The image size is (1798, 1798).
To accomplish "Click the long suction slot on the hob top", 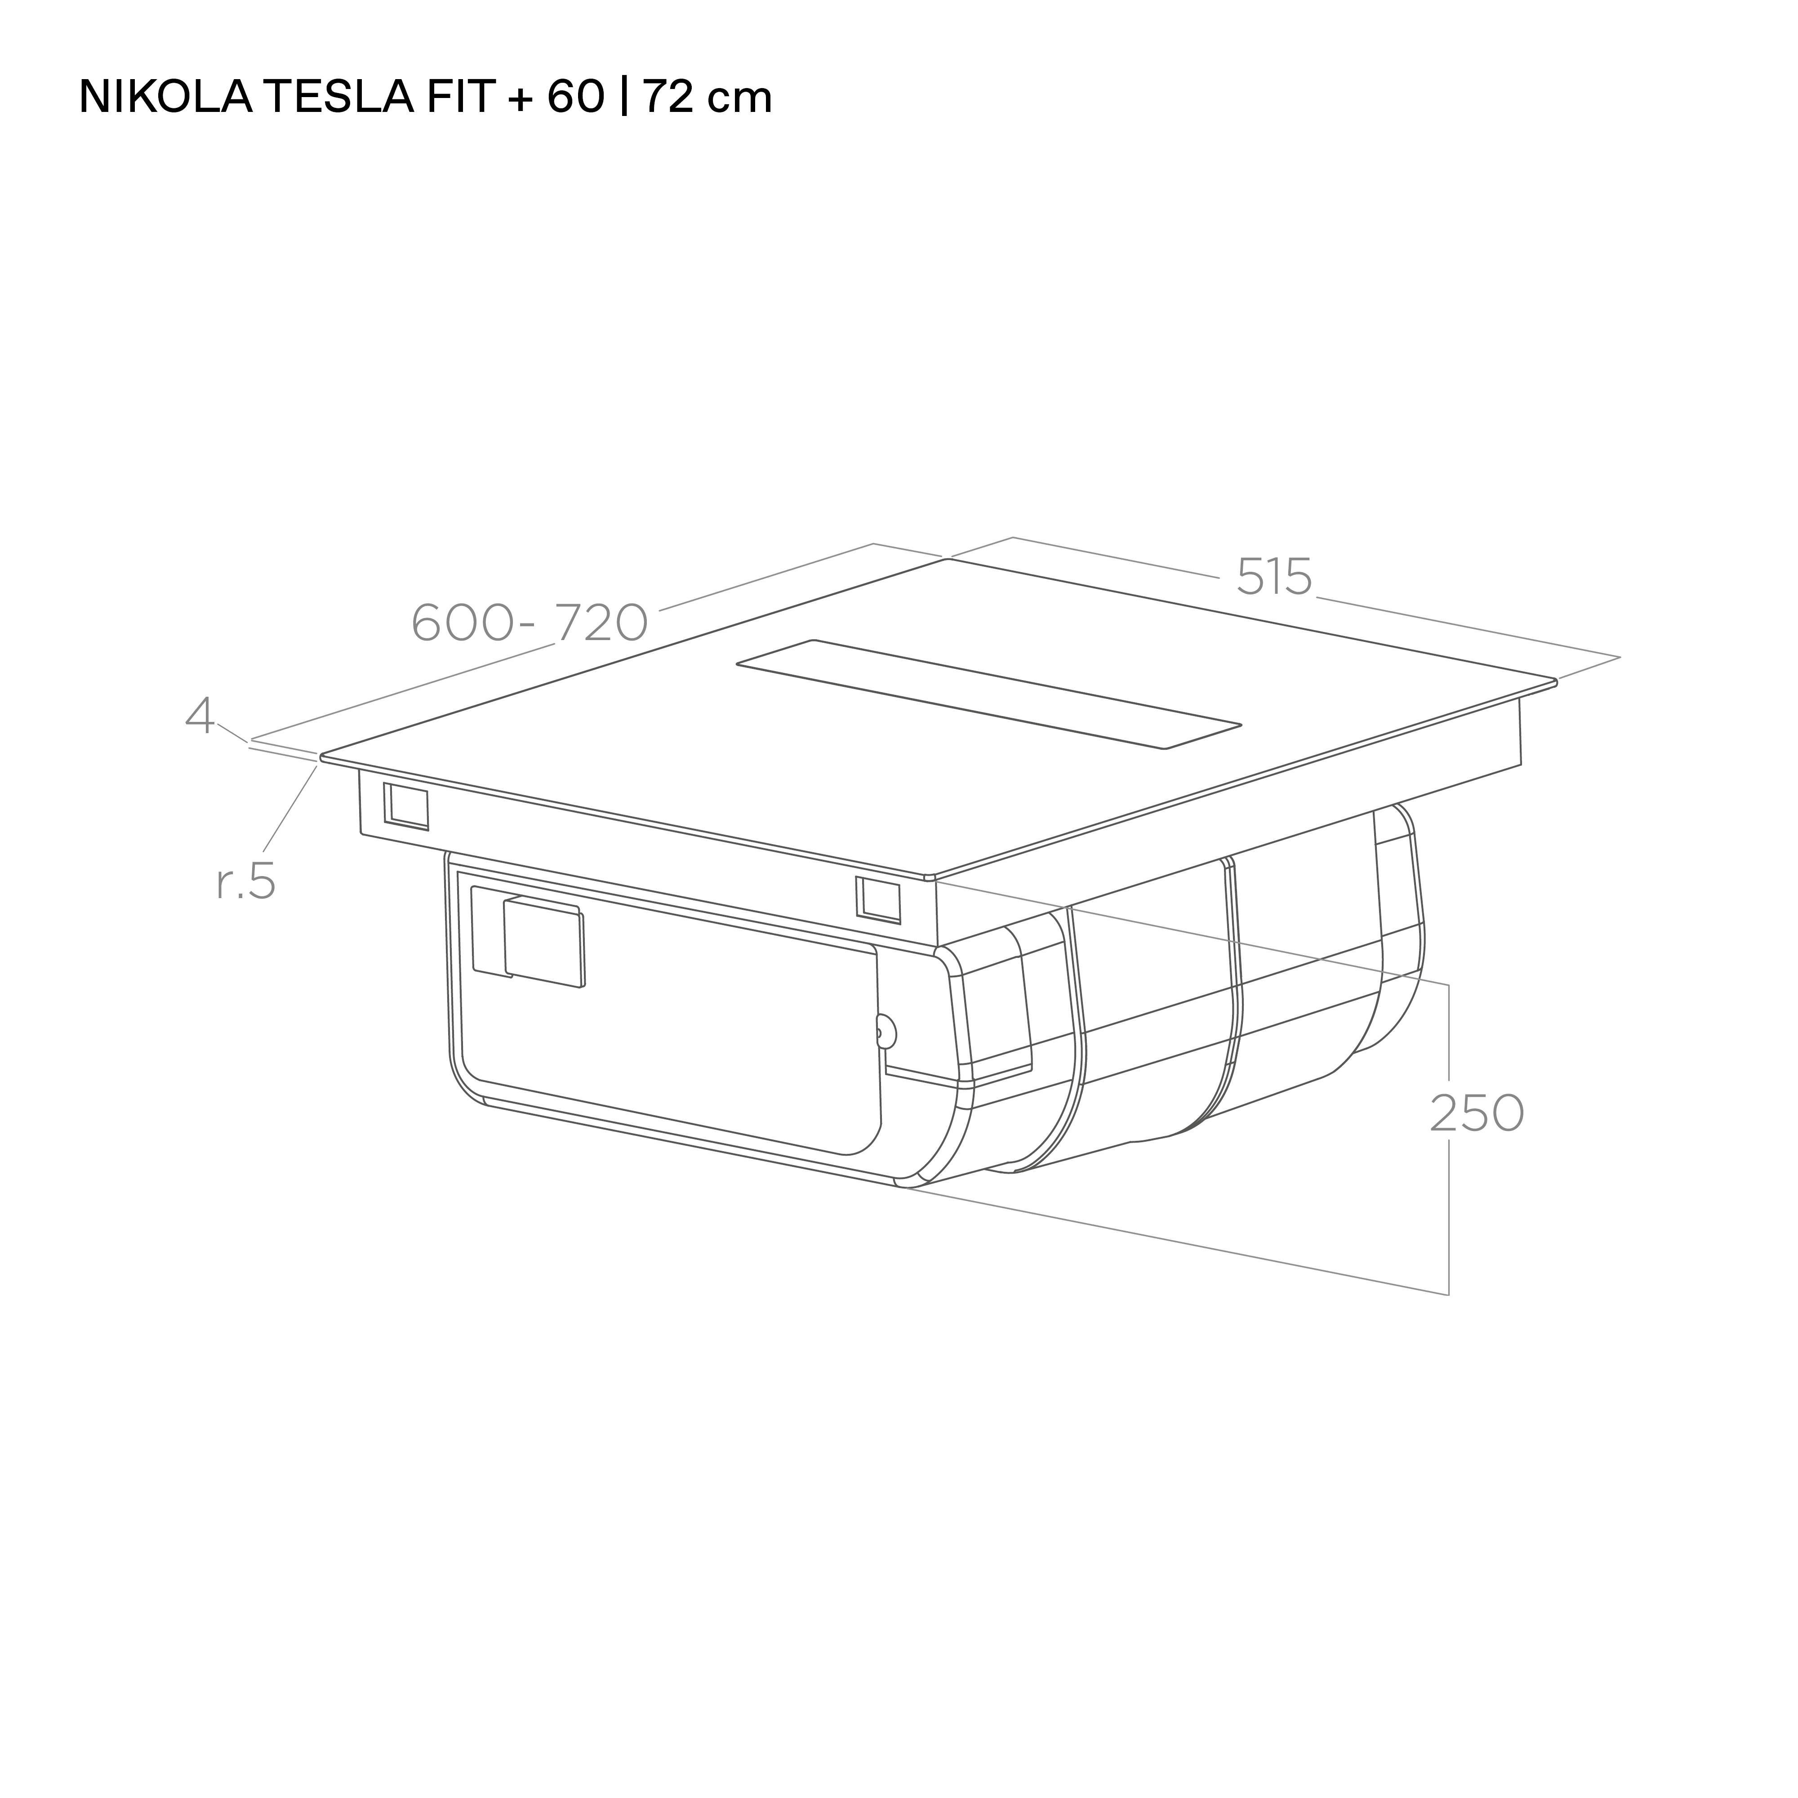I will pyautogui.click(x=988, y=693).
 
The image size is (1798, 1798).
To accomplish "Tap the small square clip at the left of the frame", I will pyautogui.click(x=407, y=806).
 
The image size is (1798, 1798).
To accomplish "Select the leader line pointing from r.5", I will pyautogui.click(x=290, y=810).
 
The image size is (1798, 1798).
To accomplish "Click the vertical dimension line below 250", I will pyautogui.click(x=1448, y=1219).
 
